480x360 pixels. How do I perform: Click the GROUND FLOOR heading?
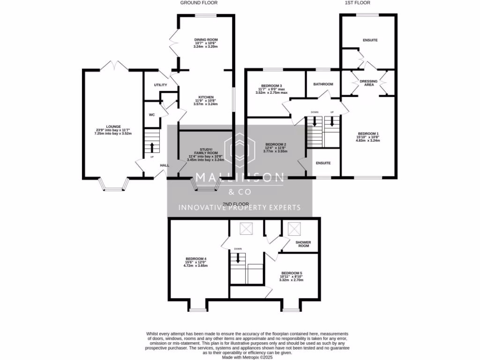point(199,3)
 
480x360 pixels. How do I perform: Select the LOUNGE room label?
point(113,126)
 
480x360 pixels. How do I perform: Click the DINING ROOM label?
point(206,40)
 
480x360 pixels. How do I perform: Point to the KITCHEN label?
point(206,97)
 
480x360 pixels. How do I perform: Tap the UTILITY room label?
point(154,85)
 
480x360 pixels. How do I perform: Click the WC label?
point(151,114)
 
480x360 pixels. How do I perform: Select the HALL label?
point(165,165)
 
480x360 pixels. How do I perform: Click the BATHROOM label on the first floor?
point(323,84)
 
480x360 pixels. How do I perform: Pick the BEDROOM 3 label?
point(271,85)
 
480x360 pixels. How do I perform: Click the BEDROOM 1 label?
point(368,133)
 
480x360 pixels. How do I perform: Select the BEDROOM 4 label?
point(195,259)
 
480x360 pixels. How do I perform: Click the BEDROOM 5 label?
point(292,273)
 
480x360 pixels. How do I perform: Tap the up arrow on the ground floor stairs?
point(152,145)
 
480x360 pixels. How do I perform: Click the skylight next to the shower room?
point(294,229)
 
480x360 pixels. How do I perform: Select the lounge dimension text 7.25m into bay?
point(113,134)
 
